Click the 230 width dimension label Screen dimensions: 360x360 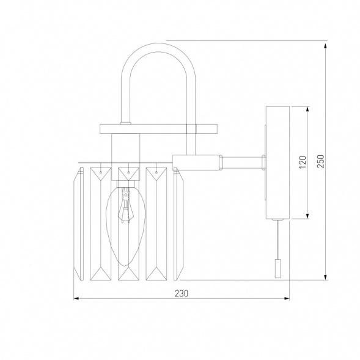coord(182,293)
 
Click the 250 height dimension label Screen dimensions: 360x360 coord(321,161)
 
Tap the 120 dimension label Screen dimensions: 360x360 coord(303,162)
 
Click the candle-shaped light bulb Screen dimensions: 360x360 coord(125,226)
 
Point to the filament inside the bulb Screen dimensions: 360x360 coord(125,205)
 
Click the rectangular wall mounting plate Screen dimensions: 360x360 coord(278,163)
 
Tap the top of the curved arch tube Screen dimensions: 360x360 coord(158,47)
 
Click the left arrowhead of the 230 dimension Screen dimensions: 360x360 coord(76,298)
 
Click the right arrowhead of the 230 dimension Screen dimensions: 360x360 coord(287,298)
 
